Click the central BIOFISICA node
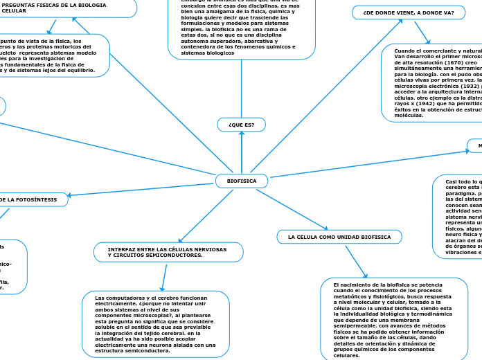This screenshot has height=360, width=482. tap(242, 181)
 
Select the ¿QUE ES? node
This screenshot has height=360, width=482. tap(241, 125)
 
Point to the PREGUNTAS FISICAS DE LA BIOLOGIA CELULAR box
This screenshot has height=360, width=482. tap(55, 8)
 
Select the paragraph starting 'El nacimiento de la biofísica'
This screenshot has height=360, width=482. tap(393, 319)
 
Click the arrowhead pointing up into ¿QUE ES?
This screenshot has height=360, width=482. tap(241, 134)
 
